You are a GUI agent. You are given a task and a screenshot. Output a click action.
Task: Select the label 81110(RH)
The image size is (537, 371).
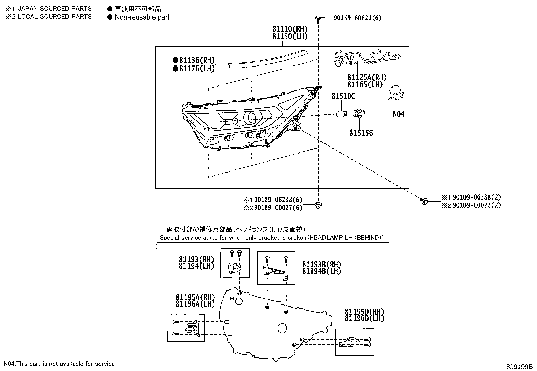(290, 29)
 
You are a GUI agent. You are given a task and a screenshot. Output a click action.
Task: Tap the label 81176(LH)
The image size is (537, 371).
(197, 69)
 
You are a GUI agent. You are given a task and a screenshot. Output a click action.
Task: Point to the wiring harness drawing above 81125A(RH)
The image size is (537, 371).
(366, 58)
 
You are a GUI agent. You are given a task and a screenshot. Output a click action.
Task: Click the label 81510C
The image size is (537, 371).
(343, 96)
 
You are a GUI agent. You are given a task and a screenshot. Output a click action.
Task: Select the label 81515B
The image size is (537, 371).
(361, 133)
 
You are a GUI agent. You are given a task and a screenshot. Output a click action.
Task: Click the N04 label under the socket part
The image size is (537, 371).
(398, 114)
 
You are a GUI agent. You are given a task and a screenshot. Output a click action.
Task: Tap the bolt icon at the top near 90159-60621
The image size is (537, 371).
(318, 18)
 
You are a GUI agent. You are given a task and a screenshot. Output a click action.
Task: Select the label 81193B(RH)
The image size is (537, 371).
(321, 264)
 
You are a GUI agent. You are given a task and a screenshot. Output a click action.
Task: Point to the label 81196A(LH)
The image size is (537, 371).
(195, 304)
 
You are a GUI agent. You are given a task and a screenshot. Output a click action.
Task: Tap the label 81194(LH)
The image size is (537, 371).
(196, 266)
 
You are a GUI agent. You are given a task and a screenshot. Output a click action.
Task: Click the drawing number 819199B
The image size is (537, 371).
(519, 366)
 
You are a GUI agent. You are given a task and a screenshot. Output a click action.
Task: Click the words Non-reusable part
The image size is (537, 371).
(142, 17)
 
